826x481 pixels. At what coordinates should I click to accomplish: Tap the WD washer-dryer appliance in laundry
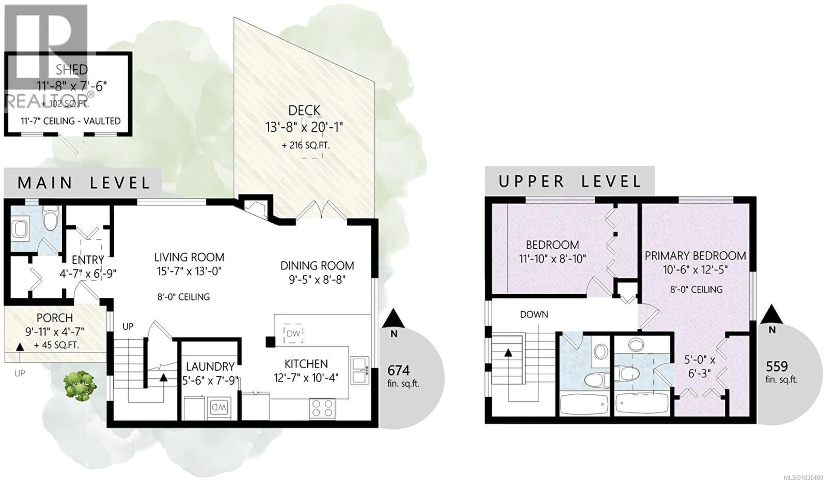pos(219,408)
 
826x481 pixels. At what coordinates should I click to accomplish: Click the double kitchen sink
pos(360,370)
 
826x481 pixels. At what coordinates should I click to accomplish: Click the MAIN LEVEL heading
pos(84,183)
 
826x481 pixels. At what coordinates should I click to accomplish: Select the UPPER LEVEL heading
pos(570,182)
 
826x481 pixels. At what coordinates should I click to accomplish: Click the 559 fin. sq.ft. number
pos(777,366)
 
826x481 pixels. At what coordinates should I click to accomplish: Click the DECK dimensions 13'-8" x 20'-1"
pos(304,127)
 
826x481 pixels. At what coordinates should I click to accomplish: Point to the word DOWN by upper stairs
pos(534,314)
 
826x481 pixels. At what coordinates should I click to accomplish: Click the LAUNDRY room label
pos(210,366)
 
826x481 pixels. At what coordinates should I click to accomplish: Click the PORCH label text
pos(55,318)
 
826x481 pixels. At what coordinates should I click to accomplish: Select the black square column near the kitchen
pos(270,342)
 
